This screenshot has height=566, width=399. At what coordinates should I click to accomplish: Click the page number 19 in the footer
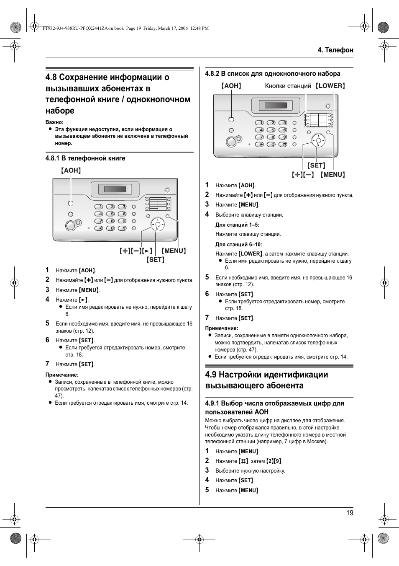[350, 513]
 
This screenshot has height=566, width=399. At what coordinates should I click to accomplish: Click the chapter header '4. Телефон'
[335, 50]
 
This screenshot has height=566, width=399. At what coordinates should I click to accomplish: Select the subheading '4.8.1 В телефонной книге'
[85, 158]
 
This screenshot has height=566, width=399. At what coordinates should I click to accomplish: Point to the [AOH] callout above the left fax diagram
[71, 171]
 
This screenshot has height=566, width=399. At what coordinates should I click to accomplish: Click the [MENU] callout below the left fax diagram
[174, 251]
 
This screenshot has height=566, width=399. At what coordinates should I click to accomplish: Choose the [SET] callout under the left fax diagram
[156, 260]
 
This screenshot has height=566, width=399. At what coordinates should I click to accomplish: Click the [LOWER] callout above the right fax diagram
[330, 86]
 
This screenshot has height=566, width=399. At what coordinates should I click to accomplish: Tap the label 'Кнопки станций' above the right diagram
[288, 86]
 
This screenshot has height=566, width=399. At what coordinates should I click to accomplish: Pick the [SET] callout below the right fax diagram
[316, 165]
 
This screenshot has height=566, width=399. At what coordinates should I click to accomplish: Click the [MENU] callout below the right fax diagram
[333, 175]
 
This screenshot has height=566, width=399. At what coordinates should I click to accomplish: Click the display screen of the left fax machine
[115, 189]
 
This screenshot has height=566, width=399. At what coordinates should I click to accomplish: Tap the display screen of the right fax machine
[276, 105]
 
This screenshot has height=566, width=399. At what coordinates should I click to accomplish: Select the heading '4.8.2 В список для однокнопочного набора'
[273, 74]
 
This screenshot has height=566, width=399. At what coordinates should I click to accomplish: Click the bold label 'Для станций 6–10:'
[239, 245]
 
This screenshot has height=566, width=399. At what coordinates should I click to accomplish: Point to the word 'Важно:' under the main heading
[54, 122]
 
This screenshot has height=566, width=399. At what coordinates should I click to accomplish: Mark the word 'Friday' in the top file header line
[150, 28]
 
